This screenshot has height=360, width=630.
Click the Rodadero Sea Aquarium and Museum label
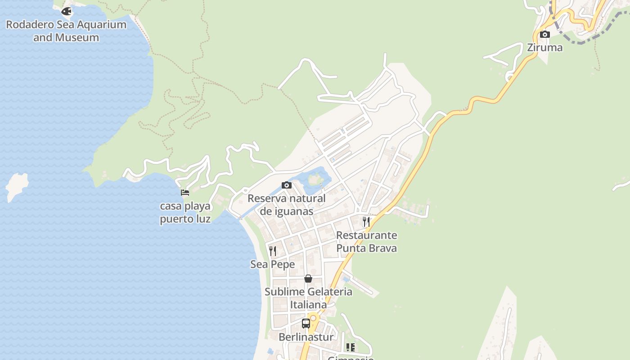click(x=66, y=31)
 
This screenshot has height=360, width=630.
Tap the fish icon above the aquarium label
click(x=67, y=11)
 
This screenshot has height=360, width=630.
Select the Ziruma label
click(x=544, y=47)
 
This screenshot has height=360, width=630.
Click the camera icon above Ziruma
click(x=544, y=34)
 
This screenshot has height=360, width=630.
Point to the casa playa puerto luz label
click(x=185, y=212)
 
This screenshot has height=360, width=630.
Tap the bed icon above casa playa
click(x=185, y=193)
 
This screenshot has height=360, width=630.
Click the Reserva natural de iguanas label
click(x=287, y=204)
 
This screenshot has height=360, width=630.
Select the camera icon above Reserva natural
click(x=287, y=185)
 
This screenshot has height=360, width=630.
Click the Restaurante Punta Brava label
click(x=366, y=242)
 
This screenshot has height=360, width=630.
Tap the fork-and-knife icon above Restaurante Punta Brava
click(x=366, y=221)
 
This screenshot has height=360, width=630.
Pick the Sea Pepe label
click(x=272, y=264)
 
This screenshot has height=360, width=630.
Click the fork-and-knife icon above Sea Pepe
click(x=272, y=251)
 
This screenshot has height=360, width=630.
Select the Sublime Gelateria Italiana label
click(x=308, y=298)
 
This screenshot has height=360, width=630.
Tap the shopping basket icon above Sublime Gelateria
click(x=308, y=279)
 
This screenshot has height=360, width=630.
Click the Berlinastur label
click(x=306, y=337)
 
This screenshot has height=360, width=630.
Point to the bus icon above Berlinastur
click(x=306, y=323)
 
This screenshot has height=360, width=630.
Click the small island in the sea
click(x=17, y=184)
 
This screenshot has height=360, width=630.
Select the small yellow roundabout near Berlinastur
click(x=313, y=318)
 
